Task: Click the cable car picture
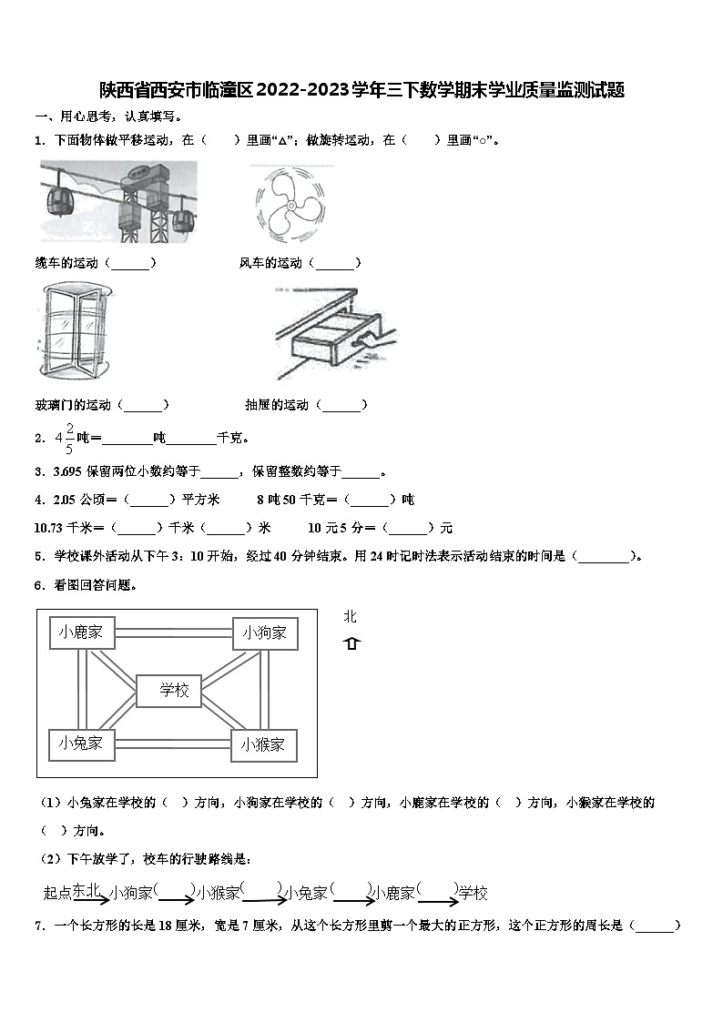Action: coord(118,201)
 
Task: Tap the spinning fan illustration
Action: coord(289,202)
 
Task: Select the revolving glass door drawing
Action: coord(76,331)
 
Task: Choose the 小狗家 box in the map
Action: coord(264,632)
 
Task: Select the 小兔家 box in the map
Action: coord(81,744)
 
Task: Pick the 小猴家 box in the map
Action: coord(263,744)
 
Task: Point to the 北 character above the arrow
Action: coord(351,617)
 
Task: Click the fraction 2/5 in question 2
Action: coord(69,437)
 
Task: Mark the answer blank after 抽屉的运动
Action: coord(343,405)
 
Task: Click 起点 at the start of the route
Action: coord(57,893)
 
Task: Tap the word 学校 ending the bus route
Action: coord(473,893)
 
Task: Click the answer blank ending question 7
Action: coord(656,926)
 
